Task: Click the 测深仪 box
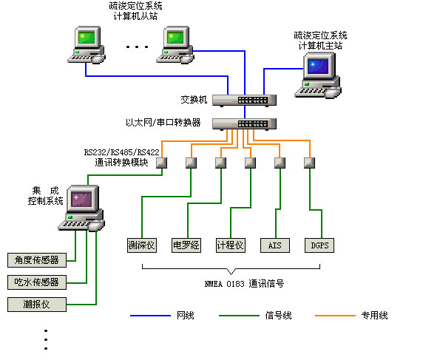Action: tap(141, 245)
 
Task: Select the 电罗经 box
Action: tap(186, 245)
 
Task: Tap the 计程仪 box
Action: tap(230, 245)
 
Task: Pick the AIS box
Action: tap(275, 245)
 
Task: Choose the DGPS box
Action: tap(319, 245)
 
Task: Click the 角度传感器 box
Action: tap(36, 259)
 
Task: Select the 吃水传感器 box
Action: tap(36, 282)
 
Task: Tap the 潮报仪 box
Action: tap(36, 304)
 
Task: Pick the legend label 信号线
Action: tap(278, 316)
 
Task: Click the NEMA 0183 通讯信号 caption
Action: tap(245, 283)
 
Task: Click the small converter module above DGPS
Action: tap(309, 163)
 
